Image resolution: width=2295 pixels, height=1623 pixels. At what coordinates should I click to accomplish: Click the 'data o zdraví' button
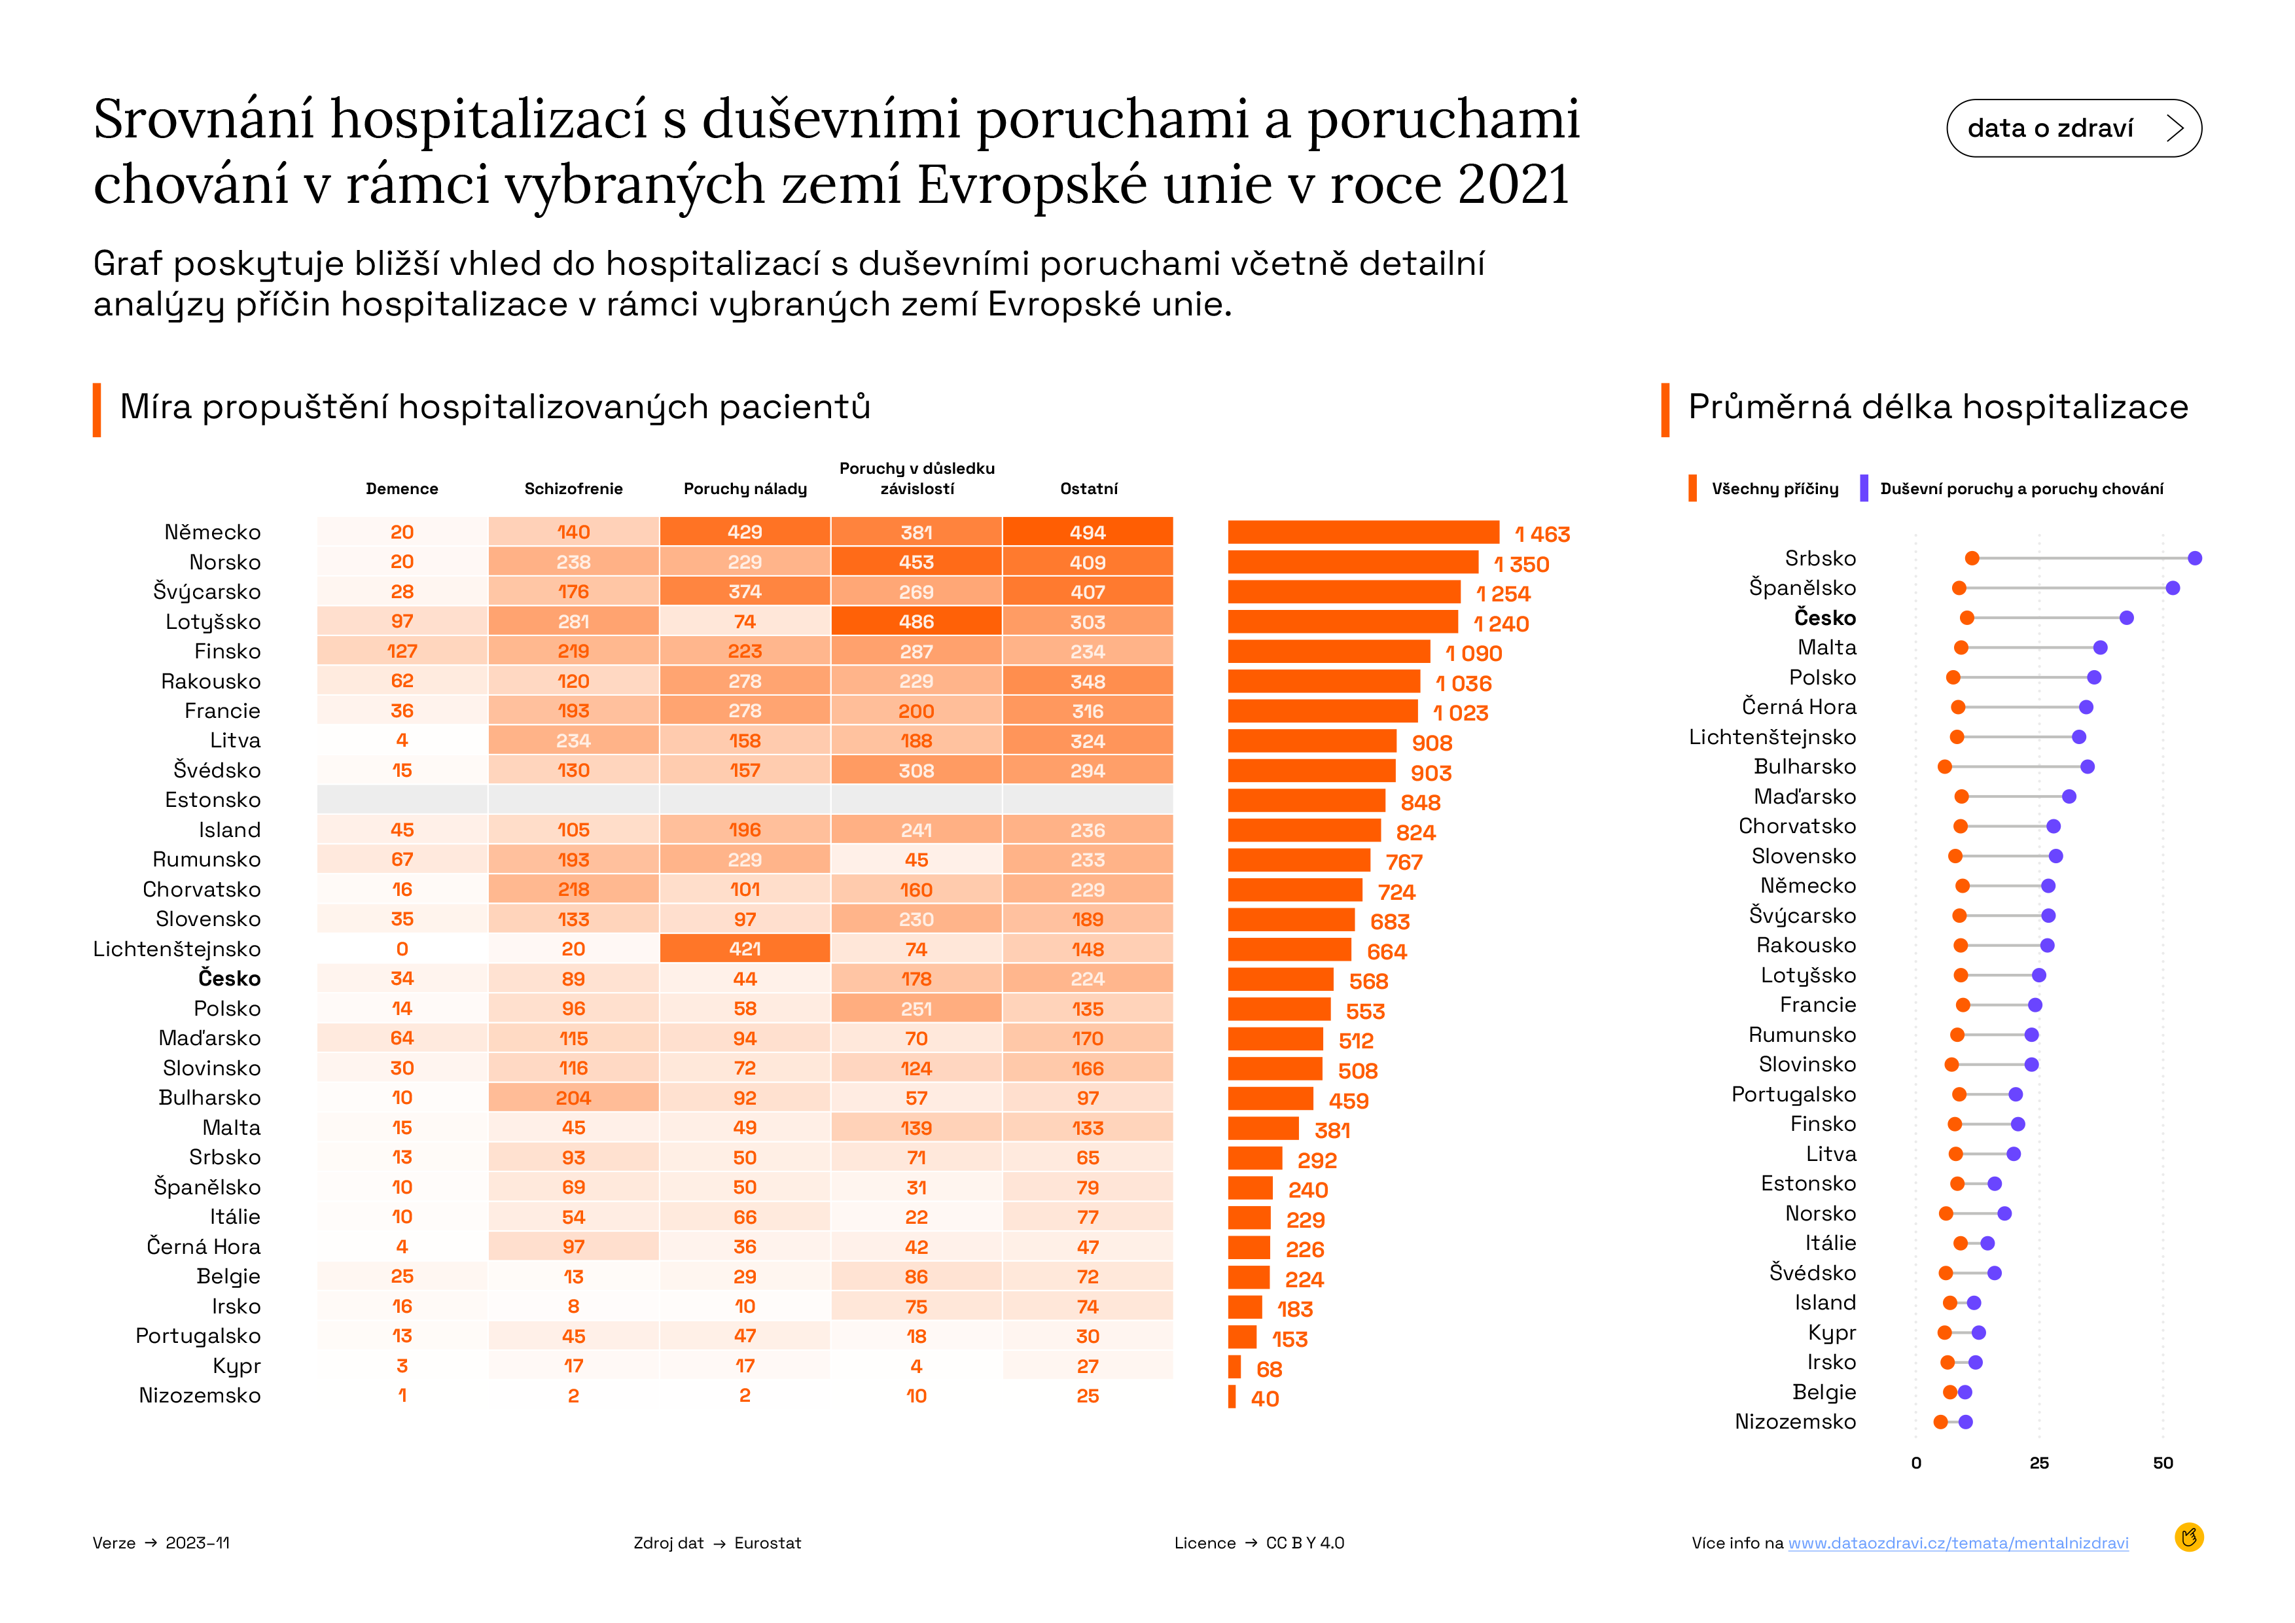(2073, 128)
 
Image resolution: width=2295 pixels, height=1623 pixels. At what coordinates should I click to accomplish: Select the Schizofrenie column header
(574, 489)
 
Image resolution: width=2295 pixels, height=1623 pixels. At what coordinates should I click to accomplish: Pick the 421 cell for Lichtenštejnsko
(745, 948)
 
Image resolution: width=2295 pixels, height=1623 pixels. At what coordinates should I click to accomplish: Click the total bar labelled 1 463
(1363, 533)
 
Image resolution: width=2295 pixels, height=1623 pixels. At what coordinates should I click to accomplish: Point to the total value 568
(1368, 982)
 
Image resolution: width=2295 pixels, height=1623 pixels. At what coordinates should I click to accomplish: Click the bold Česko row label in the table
(229, 978)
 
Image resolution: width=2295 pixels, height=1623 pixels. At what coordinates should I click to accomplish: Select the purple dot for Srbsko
(2194, 558)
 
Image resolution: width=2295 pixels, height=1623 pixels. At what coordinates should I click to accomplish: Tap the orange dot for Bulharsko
(1944, 766)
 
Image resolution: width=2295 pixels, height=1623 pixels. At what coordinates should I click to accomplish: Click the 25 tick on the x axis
(2039, 1463)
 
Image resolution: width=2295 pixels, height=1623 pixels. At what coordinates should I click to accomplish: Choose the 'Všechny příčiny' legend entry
(1764, 489)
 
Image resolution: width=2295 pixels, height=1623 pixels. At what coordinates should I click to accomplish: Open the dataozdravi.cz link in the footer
(1958, 1543)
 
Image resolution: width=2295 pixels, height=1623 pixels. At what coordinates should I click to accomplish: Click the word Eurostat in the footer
(768, 1543)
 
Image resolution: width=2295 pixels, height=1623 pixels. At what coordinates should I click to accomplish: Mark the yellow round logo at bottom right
(2189, 1537)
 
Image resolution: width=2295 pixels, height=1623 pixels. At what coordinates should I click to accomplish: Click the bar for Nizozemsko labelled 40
(1232, 1397)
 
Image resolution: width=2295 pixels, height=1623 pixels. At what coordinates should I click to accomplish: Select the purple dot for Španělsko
(2172, 588)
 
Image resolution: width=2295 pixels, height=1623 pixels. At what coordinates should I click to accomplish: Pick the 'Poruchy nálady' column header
(745, 489)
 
